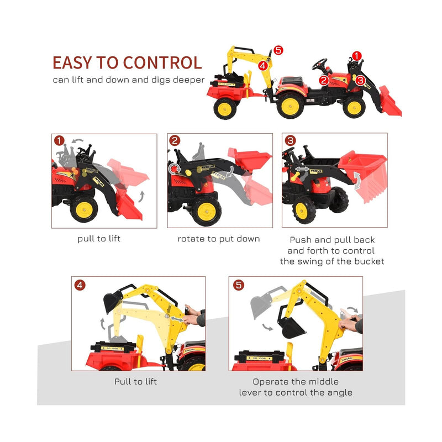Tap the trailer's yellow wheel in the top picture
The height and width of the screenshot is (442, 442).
(225, 108)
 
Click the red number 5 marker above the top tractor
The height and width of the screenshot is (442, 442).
(277, 50)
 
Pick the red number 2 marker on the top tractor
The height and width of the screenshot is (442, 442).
(324, 80)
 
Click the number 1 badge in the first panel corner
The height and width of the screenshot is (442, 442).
(59, 141)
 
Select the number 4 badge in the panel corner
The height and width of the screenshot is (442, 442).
(80, 285)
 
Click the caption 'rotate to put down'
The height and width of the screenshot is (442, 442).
(219, 239)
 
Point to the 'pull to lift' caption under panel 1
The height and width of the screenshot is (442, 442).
(99, 239)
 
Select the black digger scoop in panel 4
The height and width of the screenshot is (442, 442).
(113, 302)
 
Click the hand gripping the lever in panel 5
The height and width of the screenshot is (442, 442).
(349, 327)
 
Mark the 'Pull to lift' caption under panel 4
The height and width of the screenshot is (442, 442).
(136, 382)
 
